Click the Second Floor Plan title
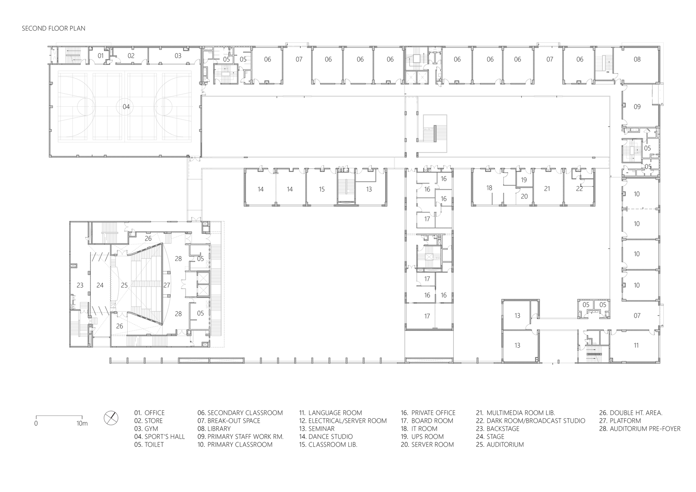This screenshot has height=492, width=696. (54, 28)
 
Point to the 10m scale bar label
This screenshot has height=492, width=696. (82, 423)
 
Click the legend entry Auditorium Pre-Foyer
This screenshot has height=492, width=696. (640, 429)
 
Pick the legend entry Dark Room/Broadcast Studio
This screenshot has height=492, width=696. (531, 421)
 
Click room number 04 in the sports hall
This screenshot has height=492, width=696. (126, 106)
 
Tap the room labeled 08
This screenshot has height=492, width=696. (637, 59)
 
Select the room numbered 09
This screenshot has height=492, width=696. (637, 107)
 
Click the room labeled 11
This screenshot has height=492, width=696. (636, 346)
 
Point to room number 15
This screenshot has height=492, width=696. (322, 189)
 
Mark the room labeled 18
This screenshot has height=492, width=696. (489, 188)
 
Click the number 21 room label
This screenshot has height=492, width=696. (547, 189)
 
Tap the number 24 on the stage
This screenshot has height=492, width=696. (100, 285)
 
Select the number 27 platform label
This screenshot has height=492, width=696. (167, 285)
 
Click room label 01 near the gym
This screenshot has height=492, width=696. (101, 56)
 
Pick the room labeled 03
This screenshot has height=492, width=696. (178, 56)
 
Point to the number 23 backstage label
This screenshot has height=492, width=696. (80, 285)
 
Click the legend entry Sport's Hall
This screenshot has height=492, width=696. (160, 437)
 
